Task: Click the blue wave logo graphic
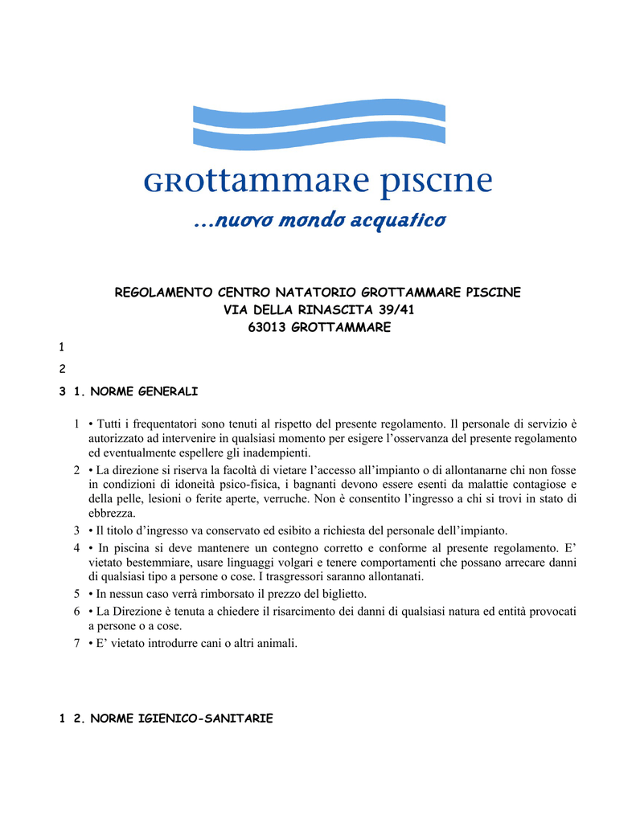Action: click(x=318, y=124)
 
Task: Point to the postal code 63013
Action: click(x=267, y=327)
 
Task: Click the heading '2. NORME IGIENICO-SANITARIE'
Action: click(x=173, y=719)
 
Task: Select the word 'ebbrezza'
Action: click(x=112, y=513)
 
